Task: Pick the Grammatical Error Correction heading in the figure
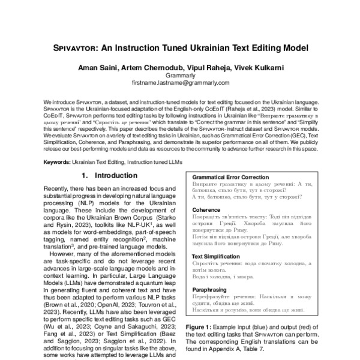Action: click(x=231, y=178)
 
